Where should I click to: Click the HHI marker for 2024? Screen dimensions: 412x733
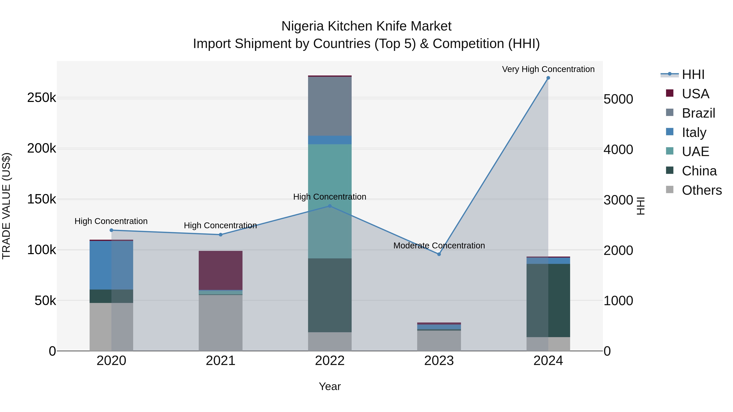click(548, 78)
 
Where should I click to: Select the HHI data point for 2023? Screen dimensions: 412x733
click(439, 254)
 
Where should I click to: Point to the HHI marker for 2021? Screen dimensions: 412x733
click(221, 235)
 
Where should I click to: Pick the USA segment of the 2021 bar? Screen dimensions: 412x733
click(221, 270)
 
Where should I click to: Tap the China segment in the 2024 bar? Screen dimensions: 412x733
click(548, 300)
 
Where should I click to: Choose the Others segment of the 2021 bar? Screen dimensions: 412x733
click(221, 323)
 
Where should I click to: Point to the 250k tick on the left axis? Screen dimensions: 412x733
click(42, 98)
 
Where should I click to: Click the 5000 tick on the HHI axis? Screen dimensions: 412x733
click(618, 99)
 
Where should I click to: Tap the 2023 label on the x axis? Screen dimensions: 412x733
click(439, 361)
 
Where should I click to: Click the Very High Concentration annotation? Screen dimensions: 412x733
click(548, 69)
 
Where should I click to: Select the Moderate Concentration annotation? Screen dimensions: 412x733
click(439, 245)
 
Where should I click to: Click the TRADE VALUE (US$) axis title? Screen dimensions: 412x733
click(6, 206)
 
